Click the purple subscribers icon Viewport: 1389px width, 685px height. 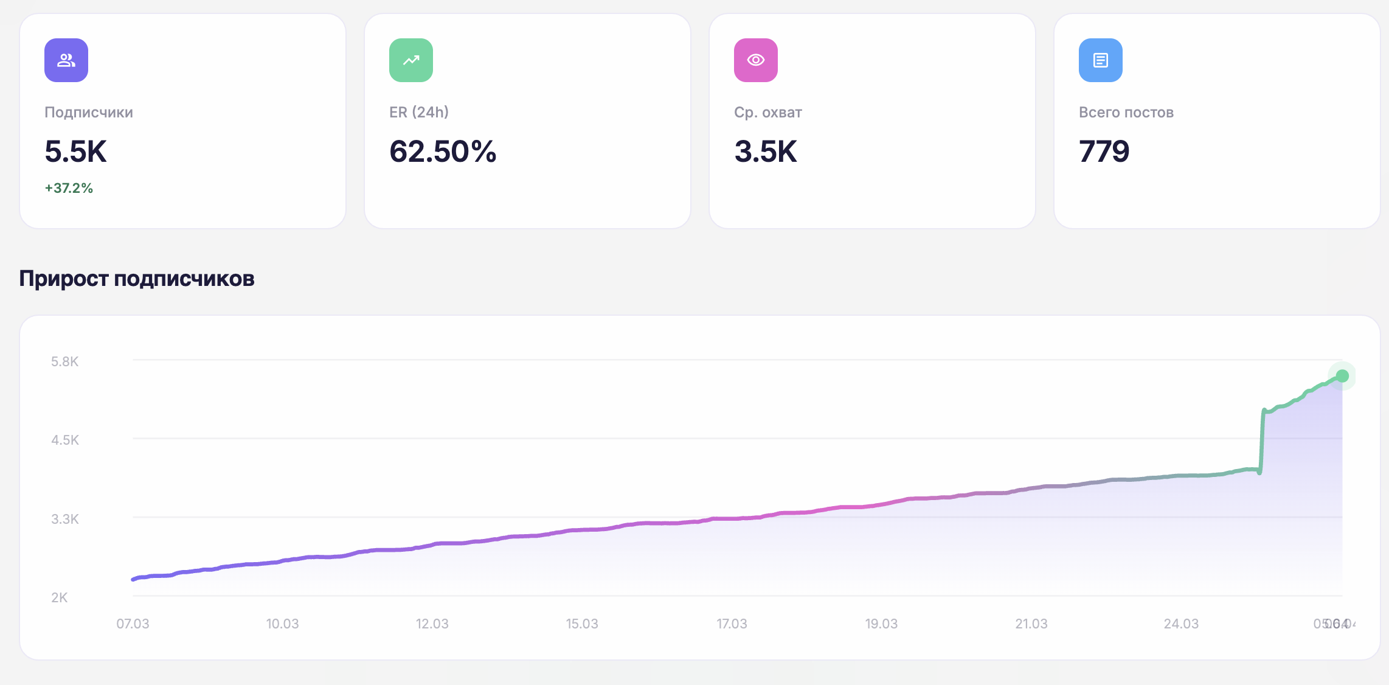pyautogui.click(x=66, y=60)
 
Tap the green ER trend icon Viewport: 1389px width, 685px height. pyautogui.click(x=411, y=60)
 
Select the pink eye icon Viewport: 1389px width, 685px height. pyautogui.click(x=756, y=60)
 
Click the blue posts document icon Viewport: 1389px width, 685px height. pyautogui.click(x=1101, y=60)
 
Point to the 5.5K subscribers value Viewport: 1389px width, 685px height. pyautogui.click(x=76, y=151)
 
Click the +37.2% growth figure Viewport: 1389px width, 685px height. pyautogui.click(x=69, y=189)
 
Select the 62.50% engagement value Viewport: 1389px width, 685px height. pyautogui.click(x=443, y=151)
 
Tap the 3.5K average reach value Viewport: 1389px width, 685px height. pyautogui.click(x=766, y=151)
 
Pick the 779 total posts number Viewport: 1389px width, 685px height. pyautogui.click(x=1104, y=151)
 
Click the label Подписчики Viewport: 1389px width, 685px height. pyautogui.click(x=89, y=113)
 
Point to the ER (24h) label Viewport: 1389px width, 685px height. pyautogui.click(x=419, y=113)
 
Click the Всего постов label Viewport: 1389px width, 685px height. pyautogui.click(x=1126, y=113)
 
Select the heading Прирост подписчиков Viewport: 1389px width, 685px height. pyautogui.click(x=137, y=279)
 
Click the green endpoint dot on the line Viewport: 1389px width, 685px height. pyautogui.click(x=1342, y=376)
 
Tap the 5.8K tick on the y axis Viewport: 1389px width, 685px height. pyautogui.click(x=65, y=362)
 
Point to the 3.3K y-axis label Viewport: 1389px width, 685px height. pyautogui.click(x=65, y=520)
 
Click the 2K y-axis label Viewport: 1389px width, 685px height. pyautogui.click(x=60, y=598)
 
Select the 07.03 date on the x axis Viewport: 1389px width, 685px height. pyautogui.click(x=133, y=624)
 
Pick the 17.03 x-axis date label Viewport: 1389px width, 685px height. pyautogui.click(x=732, y=624)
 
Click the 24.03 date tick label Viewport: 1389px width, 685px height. pyautogui.click(x=1181, y=624)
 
